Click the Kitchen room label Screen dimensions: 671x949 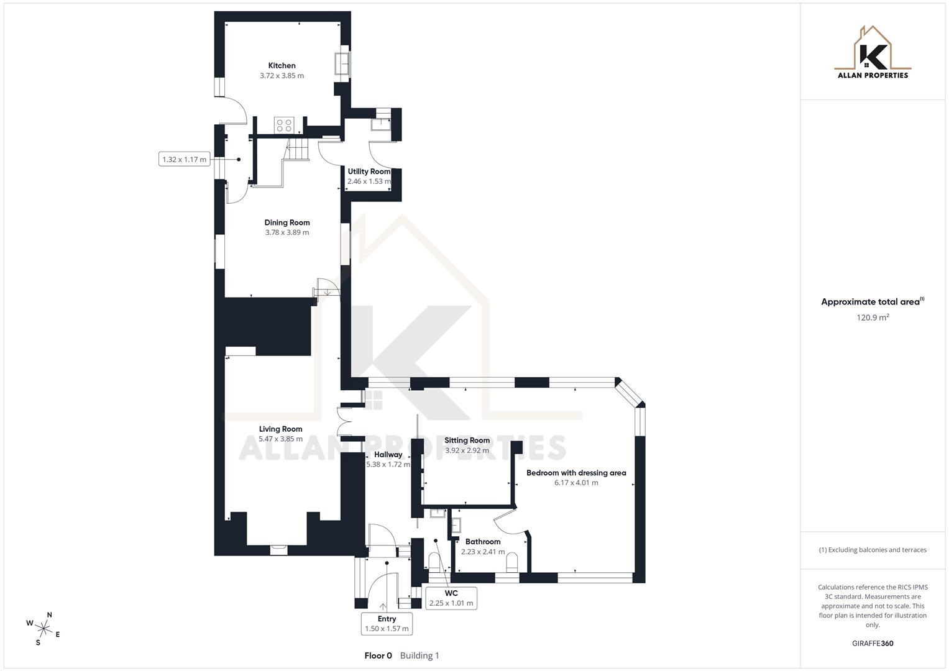282,65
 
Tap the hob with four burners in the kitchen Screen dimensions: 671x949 284,125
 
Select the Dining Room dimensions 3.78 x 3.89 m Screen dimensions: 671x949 287,232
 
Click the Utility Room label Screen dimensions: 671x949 369,171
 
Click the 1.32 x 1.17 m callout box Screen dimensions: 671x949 184,160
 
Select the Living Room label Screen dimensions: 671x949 280,429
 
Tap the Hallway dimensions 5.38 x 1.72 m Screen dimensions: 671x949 388,464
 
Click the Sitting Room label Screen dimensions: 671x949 467,440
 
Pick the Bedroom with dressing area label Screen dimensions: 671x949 576,473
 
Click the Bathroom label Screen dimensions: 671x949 482,542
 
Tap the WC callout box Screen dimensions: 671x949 451,598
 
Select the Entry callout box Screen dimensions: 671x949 387,623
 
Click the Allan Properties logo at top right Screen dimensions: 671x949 872,53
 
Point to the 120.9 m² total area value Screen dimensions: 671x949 872,317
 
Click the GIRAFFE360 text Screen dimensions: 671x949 872,643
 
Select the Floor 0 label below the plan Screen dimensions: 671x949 378,655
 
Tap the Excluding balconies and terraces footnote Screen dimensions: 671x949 872,550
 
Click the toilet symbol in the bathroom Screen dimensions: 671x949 512,563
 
